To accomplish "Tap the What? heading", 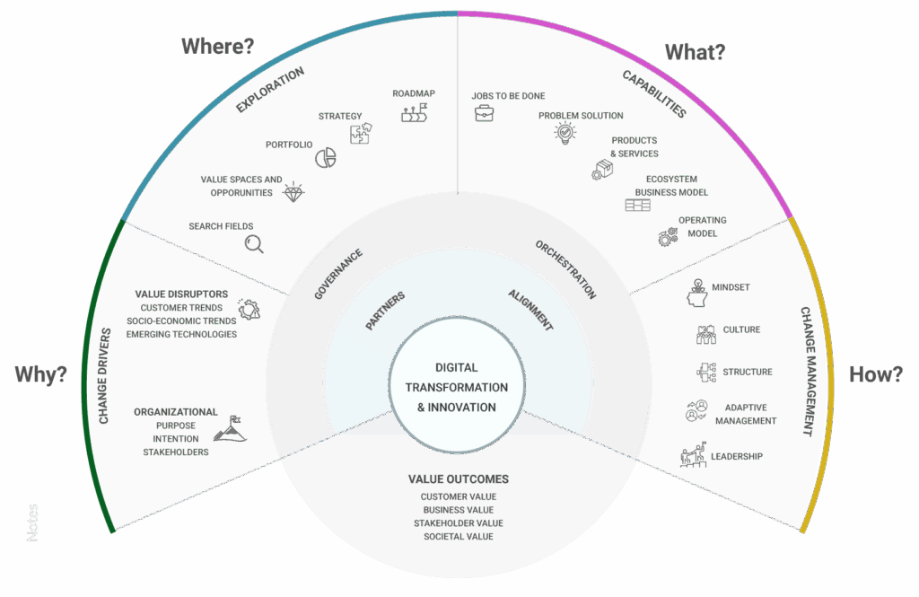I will coord(695,52).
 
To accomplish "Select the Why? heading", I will coord(40,374).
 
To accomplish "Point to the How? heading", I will coord(876,374).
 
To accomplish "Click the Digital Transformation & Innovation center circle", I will coord(457,387).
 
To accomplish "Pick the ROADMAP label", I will coord(413,93).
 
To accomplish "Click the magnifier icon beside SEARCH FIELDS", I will coord(255,242).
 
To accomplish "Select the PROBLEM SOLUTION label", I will coord(581,116).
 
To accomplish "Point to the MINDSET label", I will coord(731,287).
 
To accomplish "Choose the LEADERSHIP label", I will coord(736,456).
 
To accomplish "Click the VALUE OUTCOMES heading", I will coord(458,479).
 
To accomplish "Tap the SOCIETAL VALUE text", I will coord(459,536).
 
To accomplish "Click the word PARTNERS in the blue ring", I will coord(385,311).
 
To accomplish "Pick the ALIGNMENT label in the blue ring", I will coord(530,311).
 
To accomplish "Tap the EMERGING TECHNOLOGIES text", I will coord(181,334).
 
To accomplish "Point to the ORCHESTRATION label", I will coord(565,268).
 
